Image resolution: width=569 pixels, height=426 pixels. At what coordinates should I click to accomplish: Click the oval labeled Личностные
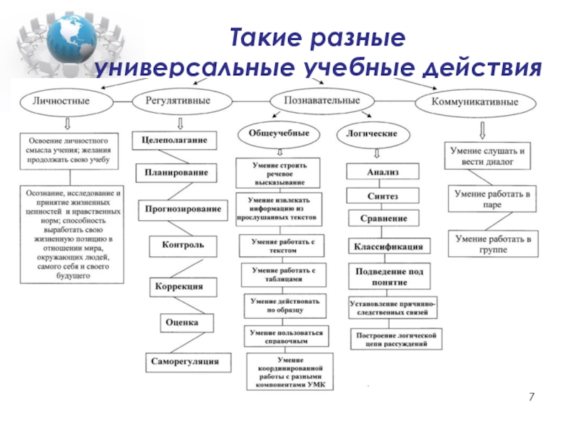pos(61,102)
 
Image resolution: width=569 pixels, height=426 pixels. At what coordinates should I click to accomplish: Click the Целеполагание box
pos(174,141)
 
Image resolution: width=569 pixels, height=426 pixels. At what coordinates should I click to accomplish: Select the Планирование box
pos(176,173)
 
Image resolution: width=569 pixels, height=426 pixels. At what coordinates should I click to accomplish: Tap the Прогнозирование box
pos(183,209)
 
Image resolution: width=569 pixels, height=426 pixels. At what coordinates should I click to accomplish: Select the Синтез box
pos(383,195)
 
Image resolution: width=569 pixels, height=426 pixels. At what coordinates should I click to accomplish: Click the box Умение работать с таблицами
pos(282,275)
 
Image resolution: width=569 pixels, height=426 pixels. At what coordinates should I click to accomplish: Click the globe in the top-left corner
pos(63,39)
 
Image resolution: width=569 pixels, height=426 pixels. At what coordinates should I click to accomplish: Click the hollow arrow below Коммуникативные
pos(482,129)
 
